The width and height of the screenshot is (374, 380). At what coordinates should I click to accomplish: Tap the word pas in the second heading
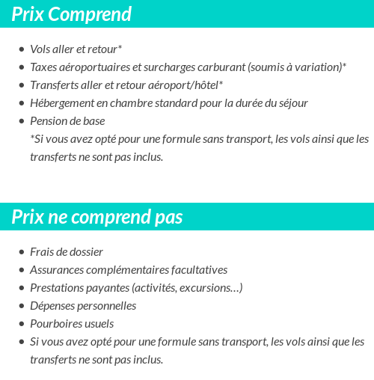pos(167,217)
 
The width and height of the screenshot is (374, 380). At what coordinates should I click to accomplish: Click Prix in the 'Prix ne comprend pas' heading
pos(28,217)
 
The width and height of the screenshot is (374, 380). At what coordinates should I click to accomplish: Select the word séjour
pos(290,103)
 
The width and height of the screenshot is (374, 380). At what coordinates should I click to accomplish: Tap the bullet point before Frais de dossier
pos(21,253)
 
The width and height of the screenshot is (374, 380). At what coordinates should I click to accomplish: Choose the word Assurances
pos(58,270)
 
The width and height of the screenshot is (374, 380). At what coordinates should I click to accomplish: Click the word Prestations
pos(58,288)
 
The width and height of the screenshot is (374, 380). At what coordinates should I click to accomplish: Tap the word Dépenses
pos(52,306)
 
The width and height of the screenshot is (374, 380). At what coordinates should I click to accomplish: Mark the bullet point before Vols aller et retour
pos(21,50)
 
